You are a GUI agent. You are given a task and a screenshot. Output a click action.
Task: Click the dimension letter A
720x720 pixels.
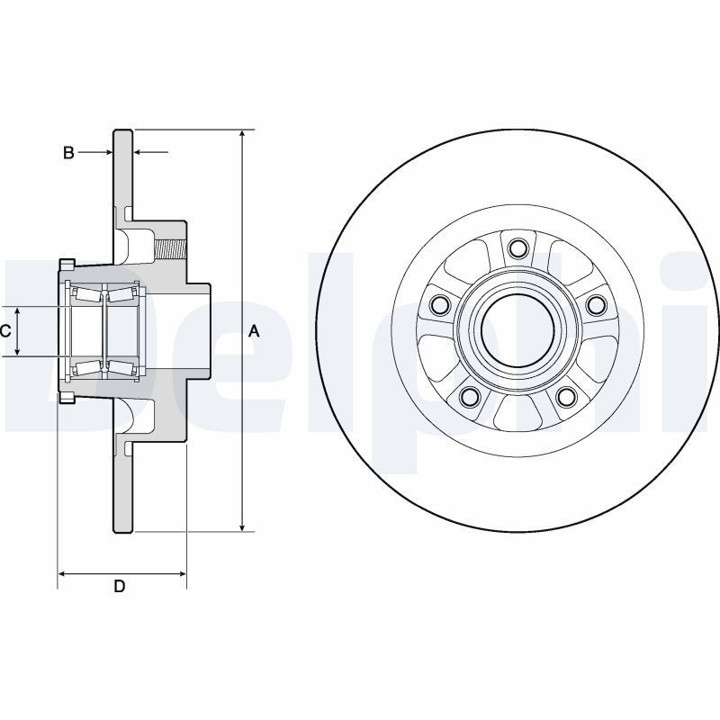coord(254,331)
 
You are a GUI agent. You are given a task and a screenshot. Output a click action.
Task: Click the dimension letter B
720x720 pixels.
coord(68,153)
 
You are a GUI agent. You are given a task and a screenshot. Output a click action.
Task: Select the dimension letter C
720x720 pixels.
coord(5,331)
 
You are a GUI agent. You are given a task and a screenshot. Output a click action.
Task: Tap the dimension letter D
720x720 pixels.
coord(119,587)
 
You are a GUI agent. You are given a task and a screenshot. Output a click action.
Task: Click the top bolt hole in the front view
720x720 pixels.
coord(517,247)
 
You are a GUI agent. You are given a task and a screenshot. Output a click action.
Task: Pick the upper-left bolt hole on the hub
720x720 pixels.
coord(439,305)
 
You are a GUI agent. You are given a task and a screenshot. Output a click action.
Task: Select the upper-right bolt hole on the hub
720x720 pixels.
coord(595,305)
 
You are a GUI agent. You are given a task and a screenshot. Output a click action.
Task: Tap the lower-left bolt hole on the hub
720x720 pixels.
coord(468,396)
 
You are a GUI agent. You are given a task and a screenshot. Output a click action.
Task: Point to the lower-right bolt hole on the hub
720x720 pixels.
coord(565,396)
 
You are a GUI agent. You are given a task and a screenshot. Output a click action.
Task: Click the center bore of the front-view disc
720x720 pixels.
coord(517,330)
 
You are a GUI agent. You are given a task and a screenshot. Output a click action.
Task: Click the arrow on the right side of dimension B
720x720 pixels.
coord(139,153)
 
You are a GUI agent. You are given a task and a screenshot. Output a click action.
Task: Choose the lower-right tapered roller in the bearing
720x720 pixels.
coord(122,366)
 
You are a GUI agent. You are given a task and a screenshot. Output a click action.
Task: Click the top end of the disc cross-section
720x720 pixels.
coord(123,132)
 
